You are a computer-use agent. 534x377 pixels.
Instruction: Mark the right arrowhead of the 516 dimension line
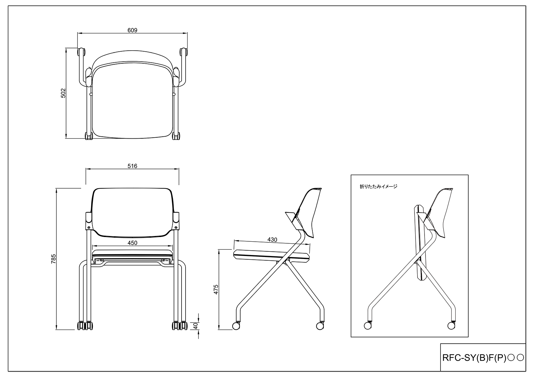(177, 169)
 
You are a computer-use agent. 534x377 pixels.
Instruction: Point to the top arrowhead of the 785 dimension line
(56, 190)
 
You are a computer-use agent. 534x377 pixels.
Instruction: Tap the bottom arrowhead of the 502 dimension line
(66, 136)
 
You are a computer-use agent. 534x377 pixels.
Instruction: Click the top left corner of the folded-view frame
(351, 175)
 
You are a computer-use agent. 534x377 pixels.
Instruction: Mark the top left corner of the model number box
(440, 343)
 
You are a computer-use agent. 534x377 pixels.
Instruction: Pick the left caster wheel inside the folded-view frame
(367, 326)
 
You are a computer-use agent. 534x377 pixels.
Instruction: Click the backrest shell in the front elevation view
(132, 212)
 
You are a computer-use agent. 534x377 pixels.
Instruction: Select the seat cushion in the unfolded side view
(272, 255)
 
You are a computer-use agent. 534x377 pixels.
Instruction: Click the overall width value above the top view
(132, 30)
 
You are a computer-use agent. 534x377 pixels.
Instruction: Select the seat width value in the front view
(132, 243)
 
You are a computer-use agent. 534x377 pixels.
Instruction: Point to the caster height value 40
(196, 326)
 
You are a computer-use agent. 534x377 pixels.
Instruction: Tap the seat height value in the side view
(216, 289)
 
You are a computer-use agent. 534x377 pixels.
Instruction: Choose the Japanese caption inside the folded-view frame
(378, 187)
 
